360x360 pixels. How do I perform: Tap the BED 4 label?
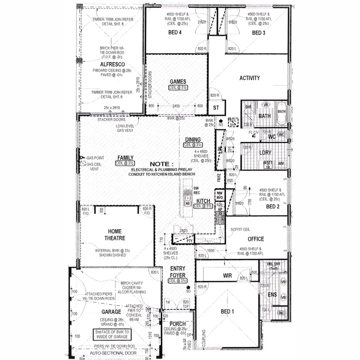(175, 33)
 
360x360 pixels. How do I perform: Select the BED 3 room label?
(258, 33)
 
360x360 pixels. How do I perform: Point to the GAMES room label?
(178, 82)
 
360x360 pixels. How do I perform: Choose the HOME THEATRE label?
(111, 235)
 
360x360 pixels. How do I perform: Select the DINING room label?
(193, 139)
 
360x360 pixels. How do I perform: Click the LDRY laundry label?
(265, 153)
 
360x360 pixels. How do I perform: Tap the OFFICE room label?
(256, 239)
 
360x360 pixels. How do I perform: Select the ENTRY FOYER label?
(178, 272)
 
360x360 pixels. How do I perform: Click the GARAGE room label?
(111, 312)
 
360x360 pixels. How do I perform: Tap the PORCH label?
(178, 324)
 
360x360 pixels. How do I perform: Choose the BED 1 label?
(227, 311)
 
